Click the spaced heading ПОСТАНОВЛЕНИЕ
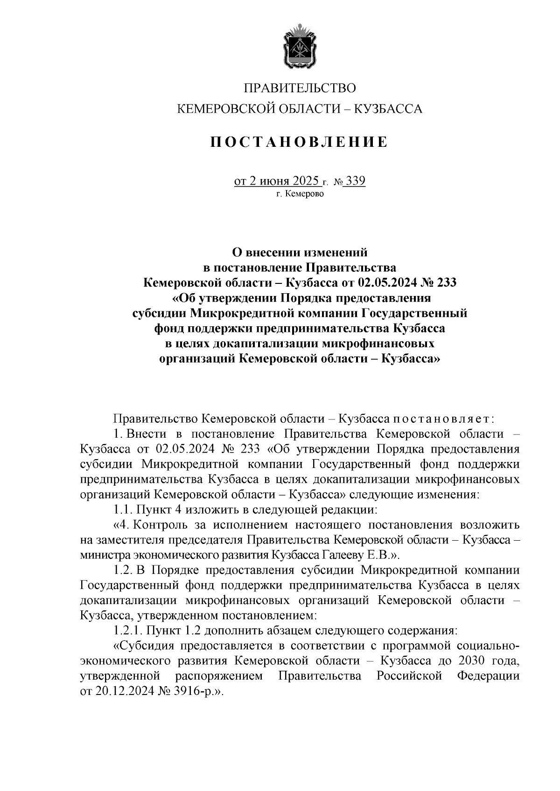click(299, 141)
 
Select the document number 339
click(355, 181)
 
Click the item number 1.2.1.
click(128, 631)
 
